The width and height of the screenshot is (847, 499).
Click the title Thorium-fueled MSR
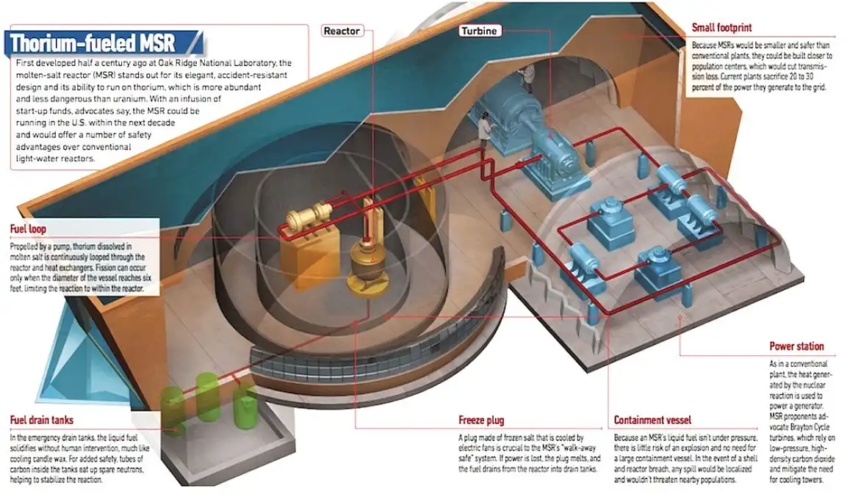point(93,41)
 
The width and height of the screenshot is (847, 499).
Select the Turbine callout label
point(480,31)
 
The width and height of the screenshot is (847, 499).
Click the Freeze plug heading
point(480,421)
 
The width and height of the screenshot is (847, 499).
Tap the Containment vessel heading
point(652,421)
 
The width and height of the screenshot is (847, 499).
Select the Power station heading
point(796,346)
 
